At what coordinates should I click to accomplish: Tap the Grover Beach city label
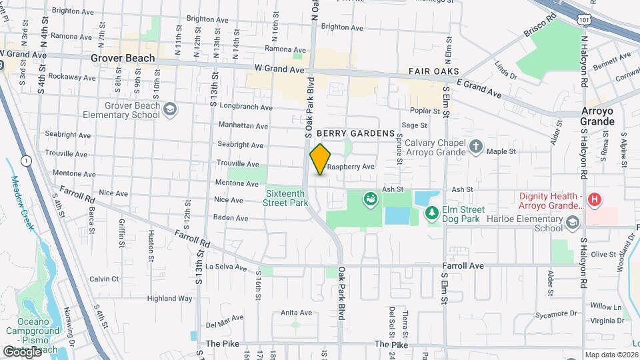tap(123, 58)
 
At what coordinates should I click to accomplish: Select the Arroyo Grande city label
tap(597, 115)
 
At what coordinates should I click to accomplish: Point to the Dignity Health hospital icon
tap(595, 199)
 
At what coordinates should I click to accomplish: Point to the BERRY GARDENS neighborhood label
tap(360, 133)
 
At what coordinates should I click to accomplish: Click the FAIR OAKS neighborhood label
tap(433, 71)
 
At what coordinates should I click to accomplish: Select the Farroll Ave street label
tap(463, 265)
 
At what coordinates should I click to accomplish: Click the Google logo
tap(21, 351)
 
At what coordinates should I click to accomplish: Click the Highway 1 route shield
tap(25, 161)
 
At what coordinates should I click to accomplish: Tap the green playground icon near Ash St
tap(368, 198)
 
